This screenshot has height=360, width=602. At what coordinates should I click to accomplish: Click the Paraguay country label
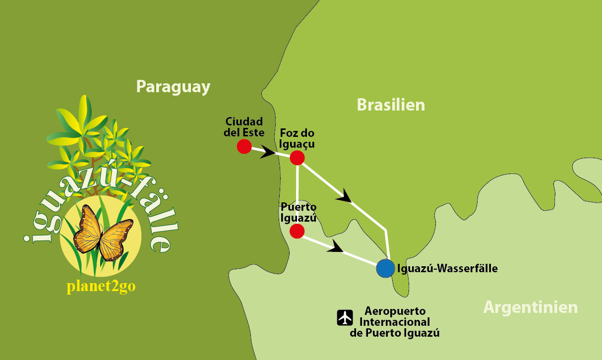click(x=173, y=87)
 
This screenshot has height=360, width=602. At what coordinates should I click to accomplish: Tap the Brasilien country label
click(x=391, y=105)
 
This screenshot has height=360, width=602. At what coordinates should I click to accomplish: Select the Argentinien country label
click(x=530, y=307)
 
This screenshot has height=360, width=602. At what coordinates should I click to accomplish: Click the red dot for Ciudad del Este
click(x=244, y=146)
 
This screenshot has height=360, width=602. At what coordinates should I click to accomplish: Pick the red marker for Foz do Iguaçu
click(x=297, y=158)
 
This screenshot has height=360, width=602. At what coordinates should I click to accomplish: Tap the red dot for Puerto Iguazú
click(x=297, y=231)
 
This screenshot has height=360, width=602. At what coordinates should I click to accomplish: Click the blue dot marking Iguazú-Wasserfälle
click(x=385, y=268)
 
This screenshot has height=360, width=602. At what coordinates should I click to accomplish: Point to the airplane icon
click(x=345, y=317)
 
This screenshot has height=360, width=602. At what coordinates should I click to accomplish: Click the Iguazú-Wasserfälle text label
click(x=447, y=269)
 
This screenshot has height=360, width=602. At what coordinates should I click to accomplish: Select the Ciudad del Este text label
click(x=244, y=127)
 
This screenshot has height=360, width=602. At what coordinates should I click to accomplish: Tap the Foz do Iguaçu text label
click(x=297, y=138)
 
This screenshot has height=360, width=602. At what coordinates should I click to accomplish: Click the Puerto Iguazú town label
click(x=298, y=212)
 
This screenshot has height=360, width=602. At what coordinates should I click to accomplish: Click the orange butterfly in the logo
click(x=103, y=233)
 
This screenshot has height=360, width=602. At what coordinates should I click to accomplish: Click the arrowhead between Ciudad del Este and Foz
click(x=268, y=152)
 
